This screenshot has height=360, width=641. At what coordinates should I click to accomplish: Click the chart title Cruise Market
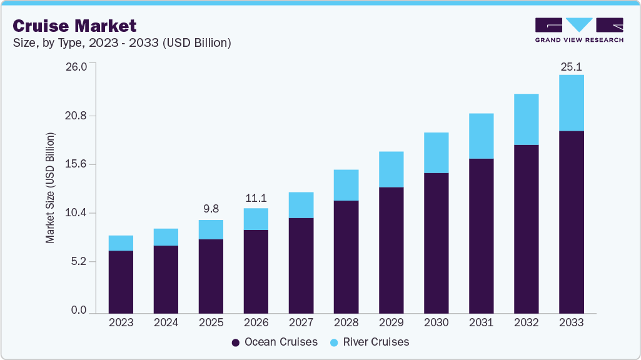tap(74, 26)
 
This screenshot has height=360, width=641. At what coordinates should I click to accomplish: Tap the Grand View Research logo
tap(578, 30)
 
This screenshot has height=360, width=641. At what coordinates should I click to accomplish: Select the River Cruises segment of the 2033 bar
tap(571, 103)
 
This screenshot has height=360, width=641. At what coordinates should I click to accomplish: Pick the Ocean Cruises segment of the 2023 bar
tap(121, 281)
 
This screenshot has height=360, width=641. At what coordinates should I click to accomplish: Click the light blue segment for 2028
tap(346, 185)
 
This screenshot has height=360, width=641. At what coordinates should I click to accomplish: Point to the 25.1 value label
tap(571, 66)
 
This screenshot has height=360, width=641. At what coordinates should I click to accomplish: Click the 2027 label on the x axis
tap(301, 323)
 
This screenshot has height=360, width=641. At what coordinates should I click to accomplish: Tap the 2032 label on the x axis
tap(526, 323)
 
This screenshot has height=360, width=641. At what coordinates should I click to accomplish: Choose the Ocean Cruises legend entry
tap(275, 342)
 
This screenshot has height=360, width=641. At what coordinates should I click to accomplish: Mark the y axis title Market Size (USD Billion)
tap(50, 188)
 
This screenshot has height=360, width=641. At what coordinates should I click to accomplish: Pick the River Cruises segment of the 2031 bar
tap(481, 136)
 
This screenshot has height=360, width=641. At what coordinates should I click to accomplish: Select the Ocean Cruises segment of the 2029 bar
tap(391, 250)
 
